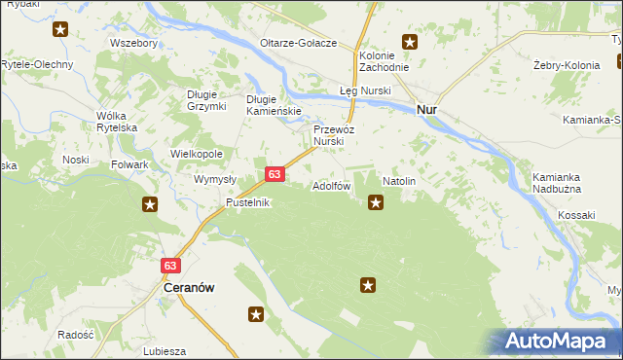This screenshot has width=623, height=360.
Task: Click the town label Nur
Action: (426, 110)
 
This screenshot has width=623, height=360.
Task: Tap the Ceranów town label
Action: (189, 288)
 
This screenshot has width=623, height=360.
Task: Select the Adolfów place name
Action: (331, 185)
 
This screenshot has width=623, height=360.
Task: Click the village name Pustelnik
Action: (247, 202)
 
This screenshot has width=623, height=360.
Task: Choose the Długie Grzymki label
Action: (206, 100)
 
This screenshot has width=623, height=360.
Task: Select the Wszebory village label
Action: (134, 44)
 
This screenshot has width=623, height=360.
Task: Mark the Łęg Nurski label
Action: (364, 90)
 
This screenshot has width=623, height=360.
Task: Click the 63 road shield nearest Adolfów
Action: (275, 174)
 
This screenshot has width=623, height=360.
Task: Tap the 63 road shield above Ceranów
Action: (171, 265)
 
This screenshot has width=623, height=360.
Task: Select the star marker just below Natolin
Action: (376, 202)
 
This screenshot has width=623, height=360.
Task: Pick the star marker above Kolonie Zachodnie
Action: (410, 42)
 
